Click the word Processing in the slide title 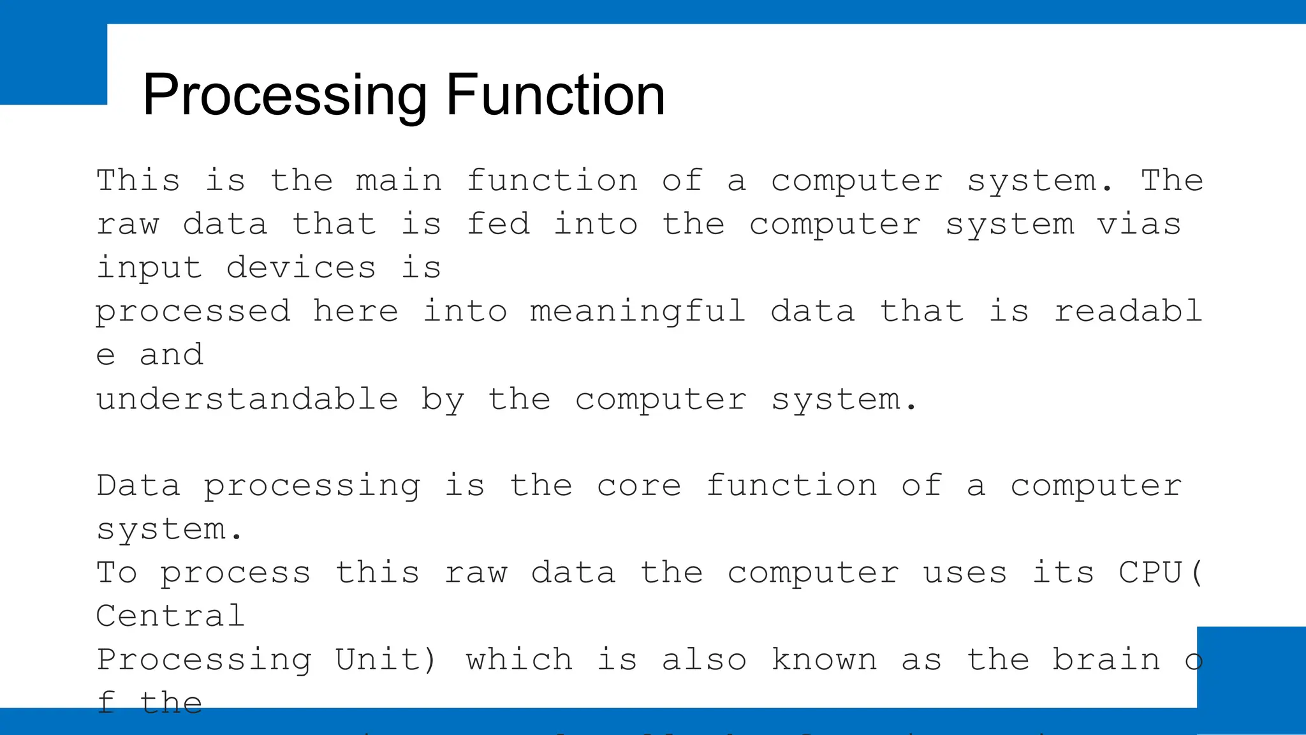[x=284, y=96]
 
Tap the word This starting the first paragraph [x=138, y=181]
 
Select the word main [x=399, y=181]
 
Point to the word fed [x=498, y=225]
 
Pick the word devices [x=301, y=268]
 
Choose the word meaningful [x=638, y=312]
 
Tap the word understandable [x=247, y=399]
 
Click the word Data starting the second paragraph [x=138, y=486]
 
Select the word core [x=639, y=486]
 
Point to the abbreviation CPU [x=1150, y=572]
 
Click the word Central [x=171, y=616]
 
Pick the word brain [x=1106, y=660]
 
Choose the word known [x=824, y=660]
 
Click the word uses [x=965, y=572]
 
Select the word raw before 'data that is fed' [x=128, y=225]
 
